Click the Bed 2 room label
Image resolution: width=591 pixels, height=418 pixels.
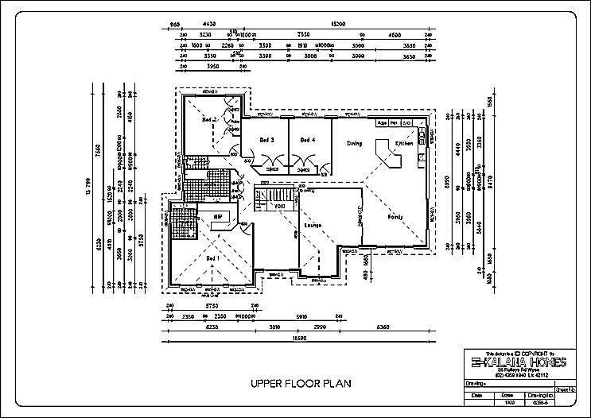[x=209, y=119]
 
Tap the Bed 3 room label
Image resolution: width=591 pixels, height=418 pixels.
[x=267, y=141]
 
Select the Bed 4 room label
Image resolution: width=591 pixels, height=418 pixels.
[x=308, y=141]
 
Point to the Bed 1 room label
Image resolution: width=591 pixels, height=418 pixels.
[x=211, y=258]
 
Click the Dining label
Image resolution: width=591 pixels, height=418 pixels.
[x=354, y=144]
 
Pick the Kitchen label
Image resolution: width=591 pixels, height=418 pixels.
[x=405, y=144]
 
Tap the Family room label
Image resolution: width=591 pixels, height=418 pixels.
[x=395, y=216]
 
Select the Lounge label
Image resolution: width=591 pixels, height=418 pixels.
[x=312, y=226]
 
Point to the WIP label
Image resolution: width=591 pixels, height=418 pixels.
[x=216, y=216]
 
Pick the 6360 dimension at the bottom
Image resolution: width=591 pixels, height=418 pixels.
[x=383, y=326]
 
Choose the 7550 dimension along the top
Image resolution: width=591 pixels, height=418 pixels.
[x=303, y=34]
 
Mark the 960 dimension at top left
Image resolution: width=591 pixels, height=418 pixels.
[x=176, y=25]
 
